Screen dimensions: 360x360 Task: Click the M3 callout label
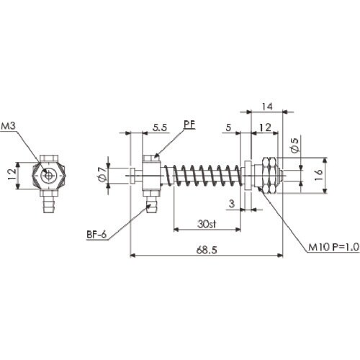click(9, 127)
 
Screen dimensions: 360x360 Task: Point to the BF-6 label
click(94, 234)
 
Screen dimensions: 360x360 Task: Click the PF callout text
click(189, 124)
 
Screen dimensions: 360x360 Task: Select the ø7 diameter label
click(102, 174)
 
